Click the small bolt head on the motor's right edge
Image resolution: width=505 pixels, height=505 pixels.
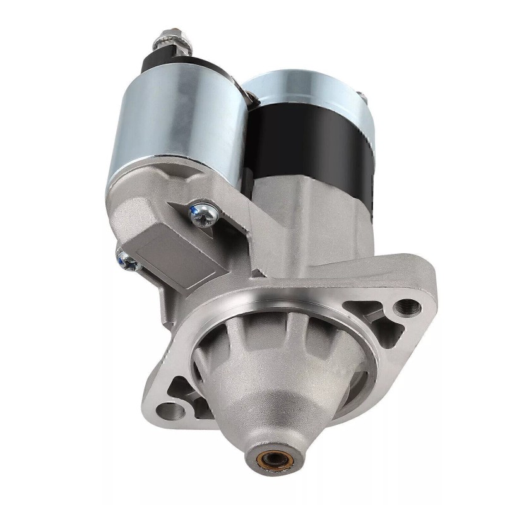[364, 97]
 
